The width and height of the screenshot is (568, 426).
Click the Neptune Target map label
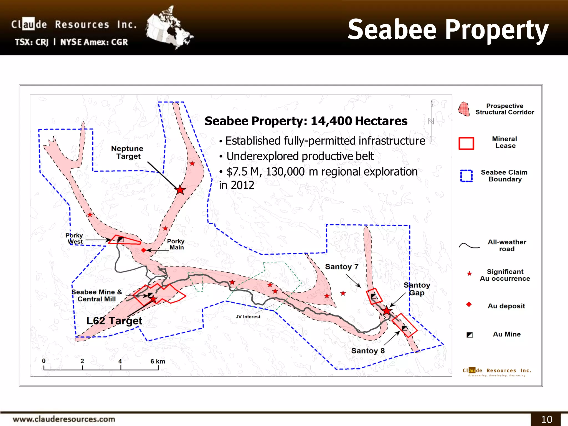coord(127,152)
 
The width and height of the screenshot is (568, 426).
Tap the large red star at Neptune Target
coord(180,190)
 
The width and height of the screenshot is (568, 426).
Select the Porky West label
coord(74,239)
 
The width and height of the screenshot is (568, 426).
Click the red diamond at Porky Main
coord(144,250)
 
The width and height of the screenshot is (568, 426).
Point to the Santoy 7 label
coord(342,267)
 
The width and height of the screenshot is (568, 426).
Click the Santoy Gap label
coord(417,289)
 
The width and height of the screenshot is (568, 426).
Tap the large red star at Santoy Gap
coord(387,311)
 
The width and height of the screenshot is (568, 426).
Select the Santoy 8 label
coord(368,351)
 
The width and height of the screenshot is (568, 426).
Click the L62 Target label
coord(114,321)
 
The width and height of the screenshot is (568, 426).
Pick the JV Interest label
coord(248,317)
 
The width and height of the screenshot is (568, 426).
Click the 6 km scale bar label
coord(158,361)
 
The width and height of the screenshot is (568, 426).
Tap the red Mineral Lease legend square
coord(466,143)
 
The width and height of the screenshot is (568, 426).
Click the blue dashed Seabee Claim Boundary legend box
coord(466,176)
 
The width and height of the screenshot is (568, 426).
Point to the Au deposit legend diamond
coord(469,305)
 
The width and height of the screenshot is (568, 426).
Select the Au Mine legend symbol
coord(470,335)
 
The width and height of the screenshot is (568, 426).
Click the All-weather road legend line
coord(469,246)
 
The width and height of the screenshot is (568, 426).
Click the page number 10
coord(547,419)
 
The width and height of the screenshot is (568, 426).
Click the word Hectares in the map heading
coord(381,121)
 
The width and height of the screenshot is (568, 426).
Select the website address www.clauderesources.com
coord(64,419)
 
